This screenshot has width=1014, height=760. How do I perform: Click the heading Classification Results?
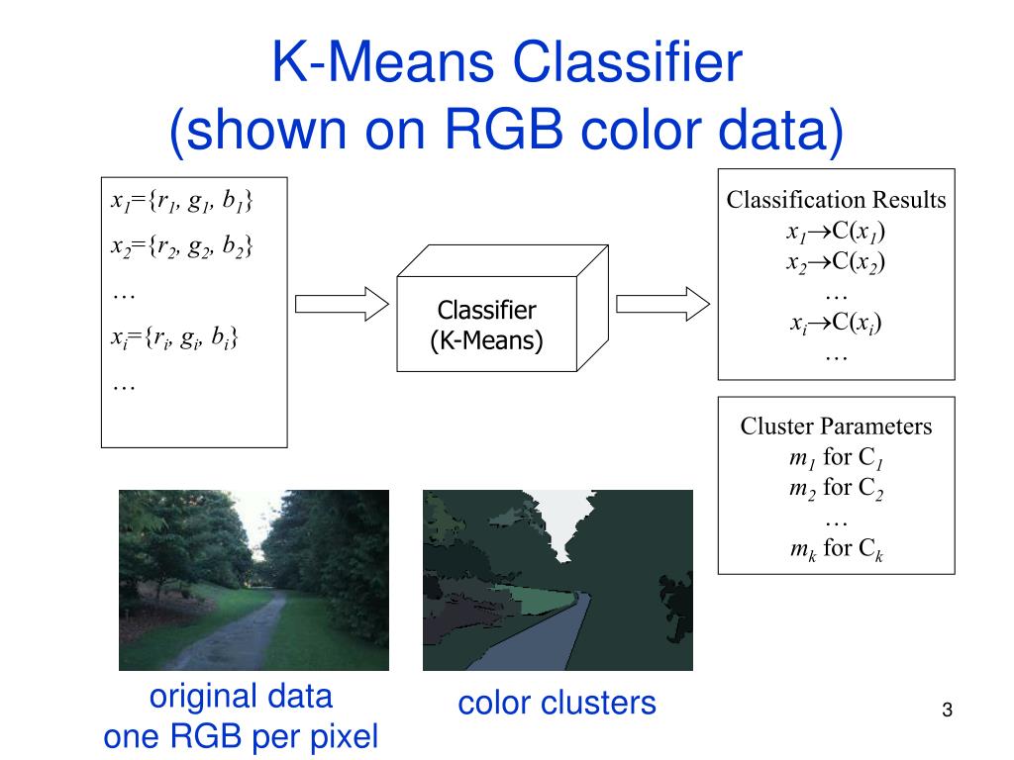(836, 200)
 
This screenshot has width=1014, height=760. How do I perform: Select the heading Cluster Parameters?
(836, 427)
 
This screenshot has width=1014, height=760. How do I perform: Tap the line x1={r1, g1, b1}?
(181, 203)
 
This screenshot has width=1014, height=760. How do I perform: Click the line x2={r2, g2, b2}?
(181, 246)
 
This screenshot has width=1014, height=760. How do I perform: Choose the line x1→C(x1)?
(836, 233)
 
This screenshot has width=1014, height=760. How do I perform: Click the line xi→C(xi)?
(836, 323)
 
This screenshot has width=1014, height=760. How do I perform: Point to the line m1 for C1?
(836, 458)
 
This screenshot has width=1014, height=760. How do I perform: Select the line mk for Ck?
(836, 548)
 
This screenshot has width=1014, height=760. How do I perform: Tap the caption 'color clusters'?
(557, 703)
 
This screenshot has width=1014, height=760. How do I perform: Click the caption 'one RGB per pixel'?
(241, 736)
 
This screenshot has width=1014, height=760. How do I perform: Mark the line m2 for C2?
(836, 487)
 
